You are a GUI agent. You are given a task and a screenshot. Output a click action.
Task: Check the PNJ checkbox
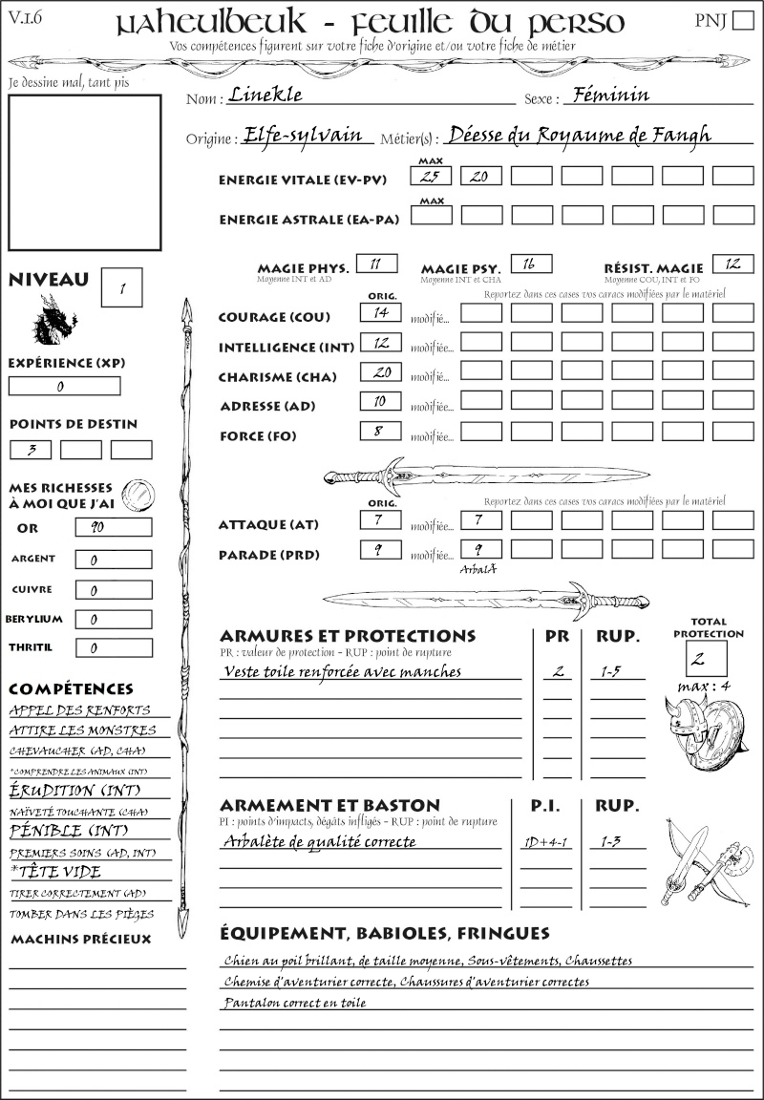point(741,22)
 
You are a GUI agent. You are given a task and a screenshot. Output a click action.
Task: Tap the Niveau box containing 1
point(122,287)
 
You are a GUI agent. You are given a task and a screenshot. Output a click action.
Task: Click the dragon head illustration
point(53,320)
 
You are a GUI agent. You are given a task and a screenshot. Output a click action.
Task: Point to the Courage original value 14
point(379,312)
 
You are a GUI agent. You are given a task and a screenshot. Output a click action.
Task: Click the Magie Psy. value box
point(531,264)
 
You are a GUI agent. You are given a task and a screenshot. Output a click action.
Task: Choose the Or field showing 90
point(113,527)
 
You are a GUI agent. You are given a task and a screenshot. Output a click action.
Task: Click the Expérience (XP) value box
point(64,386)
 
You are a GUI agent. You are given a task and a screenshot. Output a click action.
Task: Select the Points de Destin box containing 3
point(31,449)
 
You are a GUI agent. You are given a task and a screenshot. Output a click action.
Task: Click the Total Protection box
point(706,659)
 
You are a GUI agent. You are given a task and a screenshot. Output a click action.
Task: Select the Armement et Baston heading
point(329,805)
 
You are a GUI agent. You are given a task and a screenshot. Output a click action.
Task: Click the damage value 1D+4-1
point(544,842)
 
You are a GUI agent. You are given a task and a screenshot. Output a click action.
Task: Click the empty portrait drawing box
point(84,171)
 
